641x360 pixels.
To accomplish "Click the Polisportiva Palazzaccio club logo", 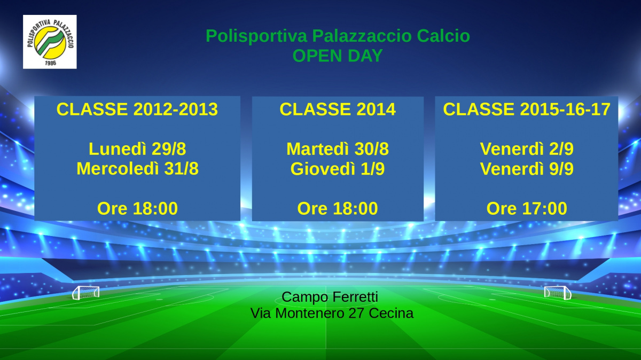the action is (50, 42).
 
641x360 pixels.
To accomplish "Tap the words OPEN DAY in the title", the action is (338, 56).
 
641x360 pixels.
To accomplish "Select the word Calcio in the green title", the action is (443, 36).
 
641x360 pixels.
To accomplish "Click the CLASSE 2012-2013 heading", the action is (137, 109).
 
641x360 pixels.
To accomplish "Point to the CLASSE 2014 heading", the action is (338, 109).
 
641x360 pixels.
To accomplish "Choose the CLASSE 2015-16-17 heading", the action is (527, 109).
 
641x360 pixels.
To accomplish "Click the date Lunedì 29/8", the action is (137, 149).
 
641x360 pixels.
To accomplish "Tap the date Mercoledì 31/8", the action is (137, 169).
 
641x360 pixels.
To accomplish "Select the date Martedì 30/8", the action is (338, 149).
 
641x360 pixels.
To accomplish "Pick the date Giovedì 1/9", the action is (338, 169).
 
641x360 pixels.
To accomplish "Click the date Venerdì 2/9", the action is (527, 149).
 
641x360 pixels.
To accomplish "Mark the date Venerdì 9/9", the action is (527, 169).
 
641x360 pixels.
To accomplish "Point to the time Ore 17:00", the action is (527, 208).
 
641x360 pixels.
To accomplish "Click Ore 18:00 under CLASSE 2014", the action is (338, 208).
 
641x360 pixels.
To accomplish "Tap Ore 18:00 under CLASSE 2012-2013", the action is (137, 208).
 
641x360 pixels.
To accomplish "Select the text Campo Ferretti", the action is (330, 297).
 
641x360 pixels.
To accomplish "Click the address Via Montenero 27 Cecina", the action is (332, 314).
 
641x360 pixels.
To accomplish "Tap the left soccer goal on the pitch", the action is (85, 293).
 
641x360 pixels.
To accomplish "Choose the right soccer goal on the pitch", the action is (558, 293).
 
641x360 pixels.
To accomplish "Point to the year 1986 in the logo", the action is (50, 62).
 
